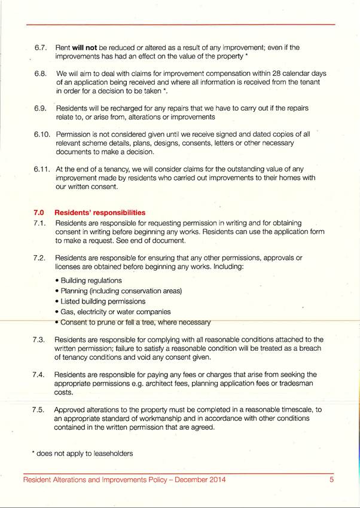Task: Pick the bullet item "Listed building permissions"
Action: (102, 301)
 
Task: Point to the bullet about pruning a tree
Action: (135, 323)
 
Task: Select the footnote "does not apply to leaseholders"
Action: (84, 454)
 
